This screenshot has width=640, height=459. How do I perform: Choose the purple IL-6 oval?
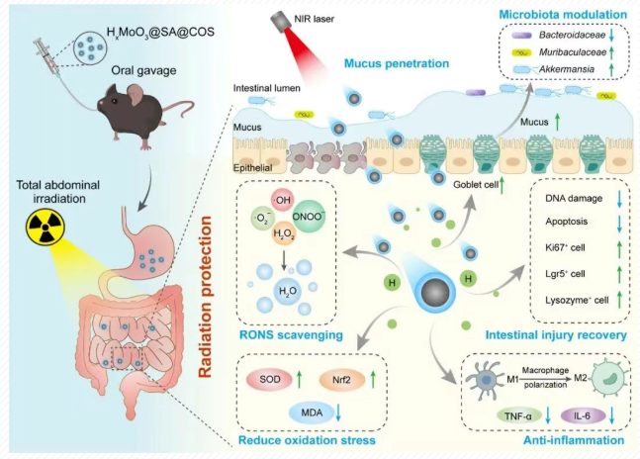pyautogui.click(x=582, y=413)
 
